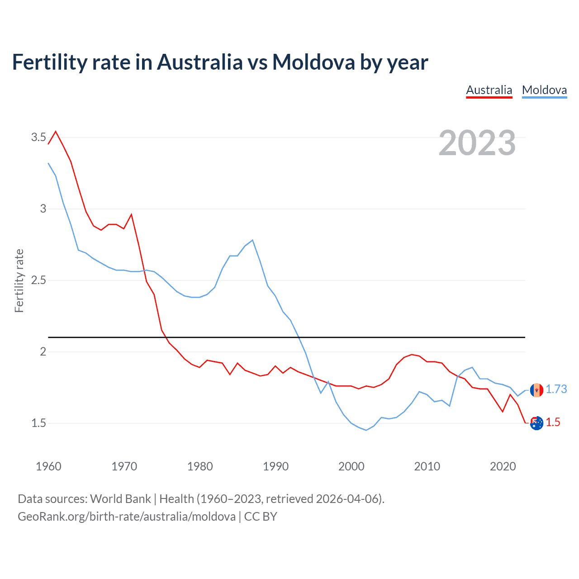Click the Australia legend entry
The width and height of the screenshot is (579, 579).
tap(489, 90)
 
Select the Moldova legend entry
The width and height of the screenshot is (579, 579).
tap(544, 90)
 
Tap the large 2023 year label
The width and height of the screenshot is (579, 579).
tap(477, 143)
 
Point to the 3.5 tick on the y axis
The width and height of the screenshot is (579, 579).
tap(38, 137)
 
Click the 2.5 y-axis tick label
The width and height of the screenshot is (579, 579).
tap(38, 280)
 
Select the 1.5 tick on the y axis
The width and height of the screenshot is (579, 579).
tap(38, 423)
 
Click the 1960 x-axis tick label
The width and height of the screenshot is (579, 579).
tap(48, 466)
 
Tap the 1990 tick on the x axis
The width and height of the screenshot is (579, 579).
tap(275, 466)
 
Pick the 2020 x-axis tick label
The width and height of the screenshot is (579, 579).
tap(503, 466)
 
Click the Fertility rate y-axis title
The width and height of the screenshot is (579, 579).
tap(19, 280)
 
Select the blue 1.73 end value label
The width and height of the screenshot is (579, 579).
tap(556, 389)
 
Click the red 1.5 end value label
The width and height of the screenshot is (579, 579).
tap(553, 422)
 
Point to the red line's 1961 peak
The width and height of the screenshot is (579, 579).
tap(56, 132)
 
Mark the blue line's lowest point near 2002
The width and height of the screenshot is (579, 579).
tap(366, 430)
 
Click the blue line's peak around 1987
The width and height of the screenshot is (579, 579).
tap(252, 240)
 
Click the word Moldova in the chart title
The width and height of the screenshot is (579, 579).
tap(313, 62)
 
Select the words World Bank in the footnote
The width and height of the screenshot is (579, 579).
tap(120, 499)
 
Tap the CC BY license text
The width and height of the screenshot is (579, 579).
tap(261, 517)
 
